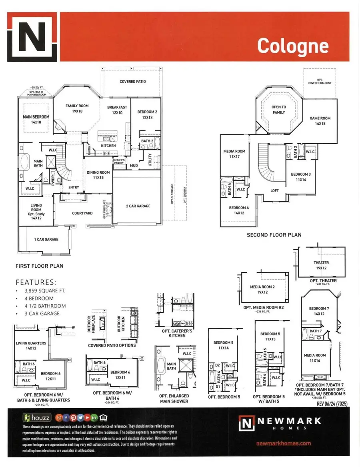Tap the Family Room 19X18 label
click(x=77, y=109)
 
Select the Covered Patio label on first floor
click(x=133, y=82)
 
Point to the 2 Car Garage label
click(x=138, y=206)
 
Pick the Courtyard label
click(x=82, y=213)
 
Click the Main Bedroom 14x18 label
click(x=36, y=120)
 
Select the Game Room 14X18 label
click(x=320, y=121)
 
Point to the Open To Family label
click(x=279, y=110)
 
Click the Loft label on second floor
click(x=274, y=190)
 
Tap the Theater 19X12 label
click(x=321, y=266)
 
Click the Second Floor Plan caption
click(x=274, y=235)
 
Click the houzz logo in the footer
click(x=37, y=418)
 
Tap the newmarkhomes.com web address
click(x=284, y=443)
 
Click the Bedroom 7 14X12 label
click(x=319, y=311)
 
